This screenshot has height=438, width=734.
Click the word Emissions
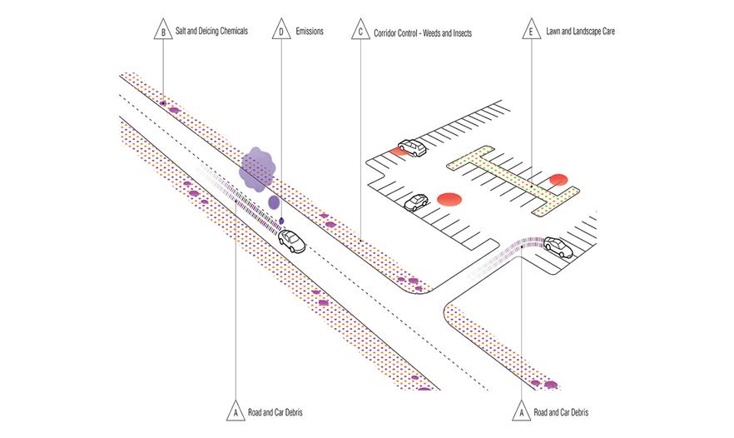pos(310,32)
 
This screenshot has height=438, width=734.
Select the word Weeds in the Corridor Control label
pos(433,33)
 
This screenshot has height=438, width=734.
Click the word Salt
pos(181,31)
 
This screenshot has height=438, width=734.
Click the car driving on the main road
pos(291,241)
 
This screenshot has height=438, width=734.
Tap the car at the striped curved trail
pos(558,247)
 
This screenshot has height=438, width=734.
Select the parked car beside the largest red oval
pos(416,202)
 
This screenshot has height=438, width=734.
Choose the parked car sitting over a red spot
pos(412,147)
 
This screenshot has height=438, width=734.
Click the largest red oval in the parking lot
pos(449,199)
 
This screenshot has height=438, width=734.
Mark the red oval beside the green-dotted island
pos(558,179)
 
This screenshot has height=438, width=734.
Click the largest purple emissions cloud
pos(257,169)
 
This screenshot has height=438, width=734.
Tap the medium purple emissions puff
pos(274,202)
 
